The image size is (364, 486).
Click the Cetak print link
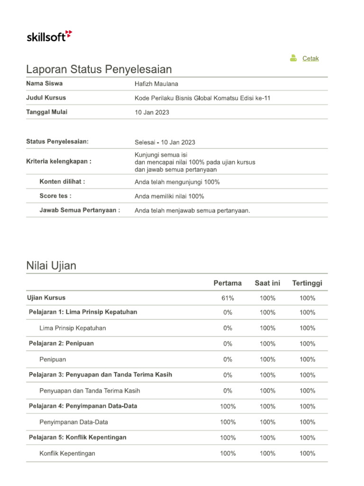[310, 58]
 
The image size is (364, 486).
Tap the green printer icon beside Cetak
[293, 58]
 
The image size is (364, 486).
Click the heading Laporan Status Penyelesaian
[99, 69]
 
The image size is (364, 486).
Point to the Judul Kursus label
[46, 98]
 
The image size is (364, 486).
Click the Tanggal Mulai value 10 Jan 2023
[152, 112]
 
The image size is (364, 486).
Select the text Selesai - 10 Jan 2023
[164, 142]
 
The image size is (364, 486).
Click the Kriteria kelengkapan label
[59, 161]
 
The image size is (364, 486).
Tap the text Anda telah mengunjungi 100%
[177, 182]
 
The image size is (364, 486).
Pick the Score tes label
[55, 196]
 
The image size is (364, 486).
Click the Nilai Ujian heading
[51, 266]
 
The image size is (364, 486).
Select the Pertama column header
[227, 283]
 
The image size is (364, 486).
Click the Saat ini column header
[267, 283]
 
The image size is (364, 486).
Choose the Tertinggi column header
[307, 283]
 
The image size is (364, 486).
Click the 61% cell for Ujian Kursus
[227, 299]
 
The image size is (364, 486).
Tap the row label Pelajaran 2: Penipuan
[61, 344]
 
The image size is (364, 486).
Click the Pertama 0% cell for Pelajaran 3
[227, 375]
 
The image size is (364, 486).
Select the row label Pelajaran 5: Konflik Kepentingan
[78, 438]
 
